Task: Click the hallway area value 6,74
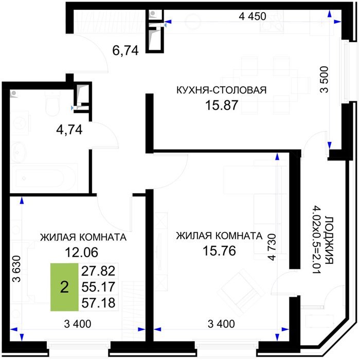tap(125, 50)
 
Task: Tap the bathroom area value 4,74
tap(69, 130)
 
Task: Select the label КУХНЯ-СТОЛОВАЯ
tap(221, 90)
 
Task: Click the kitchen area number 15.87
tap(221, 105)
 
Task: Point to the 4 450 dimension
tap(253, 16)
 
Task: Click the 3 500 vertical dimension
tap(324, 79)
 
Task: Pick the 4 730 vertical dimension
tap(272, 247)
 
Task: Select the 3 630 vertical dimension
tap(17, 268)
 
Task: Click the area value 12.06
tap(81, 252)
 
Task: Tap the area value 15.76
tap(219, 251)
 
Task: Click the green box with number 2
tap(64, 287)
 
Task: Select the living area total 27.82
tap(98, 271)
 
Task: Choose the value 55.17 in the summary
tap(98, 287)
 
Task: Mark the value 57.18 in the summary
tap(98, 302)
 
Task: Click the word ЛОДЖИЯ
tap(330, 240)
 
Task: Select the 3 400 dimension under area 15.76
tap(221, 324)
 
